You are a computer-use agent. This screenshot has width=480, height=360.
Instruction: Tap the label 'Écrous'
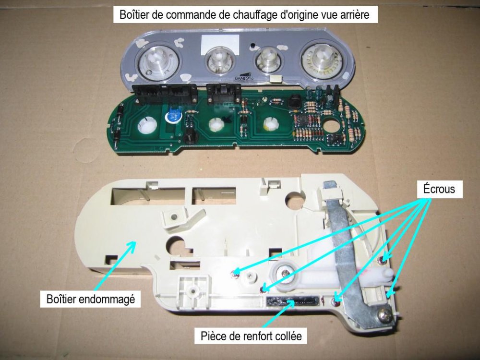[x=438, y=189]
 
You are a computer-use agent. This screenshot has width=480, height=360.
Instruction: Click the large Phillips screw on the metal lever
[x=384, y=314]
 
